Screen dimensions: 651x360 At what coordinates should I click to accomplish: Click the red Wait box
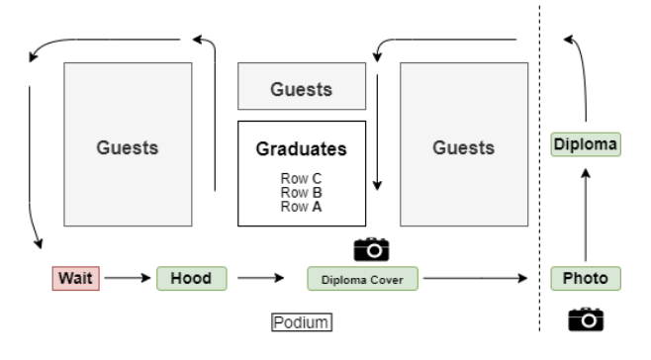tap(76, 278)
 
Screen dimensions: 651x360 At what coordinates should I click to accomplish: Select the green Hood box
tap(192, 278)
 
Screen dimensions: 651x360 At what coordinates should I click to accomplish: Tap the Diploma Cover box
tap(362, 279)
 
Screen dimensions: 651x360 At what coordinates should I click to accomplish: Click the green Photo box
tap(586, 278)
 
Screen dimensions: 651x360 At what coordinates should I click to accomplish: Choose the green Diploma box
tap(586, 144)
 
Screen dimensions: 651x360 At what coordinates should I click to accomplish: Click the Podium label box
tap(302, 322)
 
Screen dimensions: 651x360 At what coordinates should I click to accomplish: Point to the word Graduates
tap(302, 149)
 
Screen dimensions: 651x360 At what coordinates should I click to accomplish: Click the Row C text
tap(301, 179)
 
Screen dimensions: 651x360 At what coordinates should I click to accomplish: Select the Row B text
tap(301, 193)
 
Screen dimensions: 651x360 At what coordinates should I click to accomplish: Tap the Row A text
tap(301, 207)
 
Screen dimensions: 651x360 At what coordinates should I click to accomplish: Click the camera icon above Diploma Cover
tap(372, 249)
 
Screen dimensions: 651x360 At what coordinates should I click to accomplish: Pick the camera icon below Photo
tap(586, 319)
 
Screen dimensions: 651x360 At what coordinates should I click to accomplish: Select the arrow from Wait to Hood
tap(128, 278)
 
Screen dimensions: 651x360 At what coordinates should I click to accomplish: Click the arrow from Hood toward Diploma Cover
tap(261, 278)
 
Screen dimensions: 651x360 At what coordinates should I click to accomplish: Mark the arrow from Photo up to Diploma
tap(586, 215)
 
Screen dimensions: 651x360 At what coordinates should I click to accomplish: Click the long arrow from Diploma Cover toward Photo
tap(475, 278)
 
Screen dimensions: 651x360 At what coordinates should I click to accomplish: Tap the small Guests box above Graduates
tap(302, 86)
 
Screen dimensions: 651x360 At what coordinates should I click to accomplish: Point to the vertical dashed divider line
tap(540, 168)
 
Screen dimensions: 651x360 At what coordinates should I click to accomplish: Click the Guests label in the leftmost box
tap(128, 147)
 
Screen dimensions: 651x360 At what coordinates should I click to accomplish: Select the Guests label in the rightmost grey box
tap(464, 147)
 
